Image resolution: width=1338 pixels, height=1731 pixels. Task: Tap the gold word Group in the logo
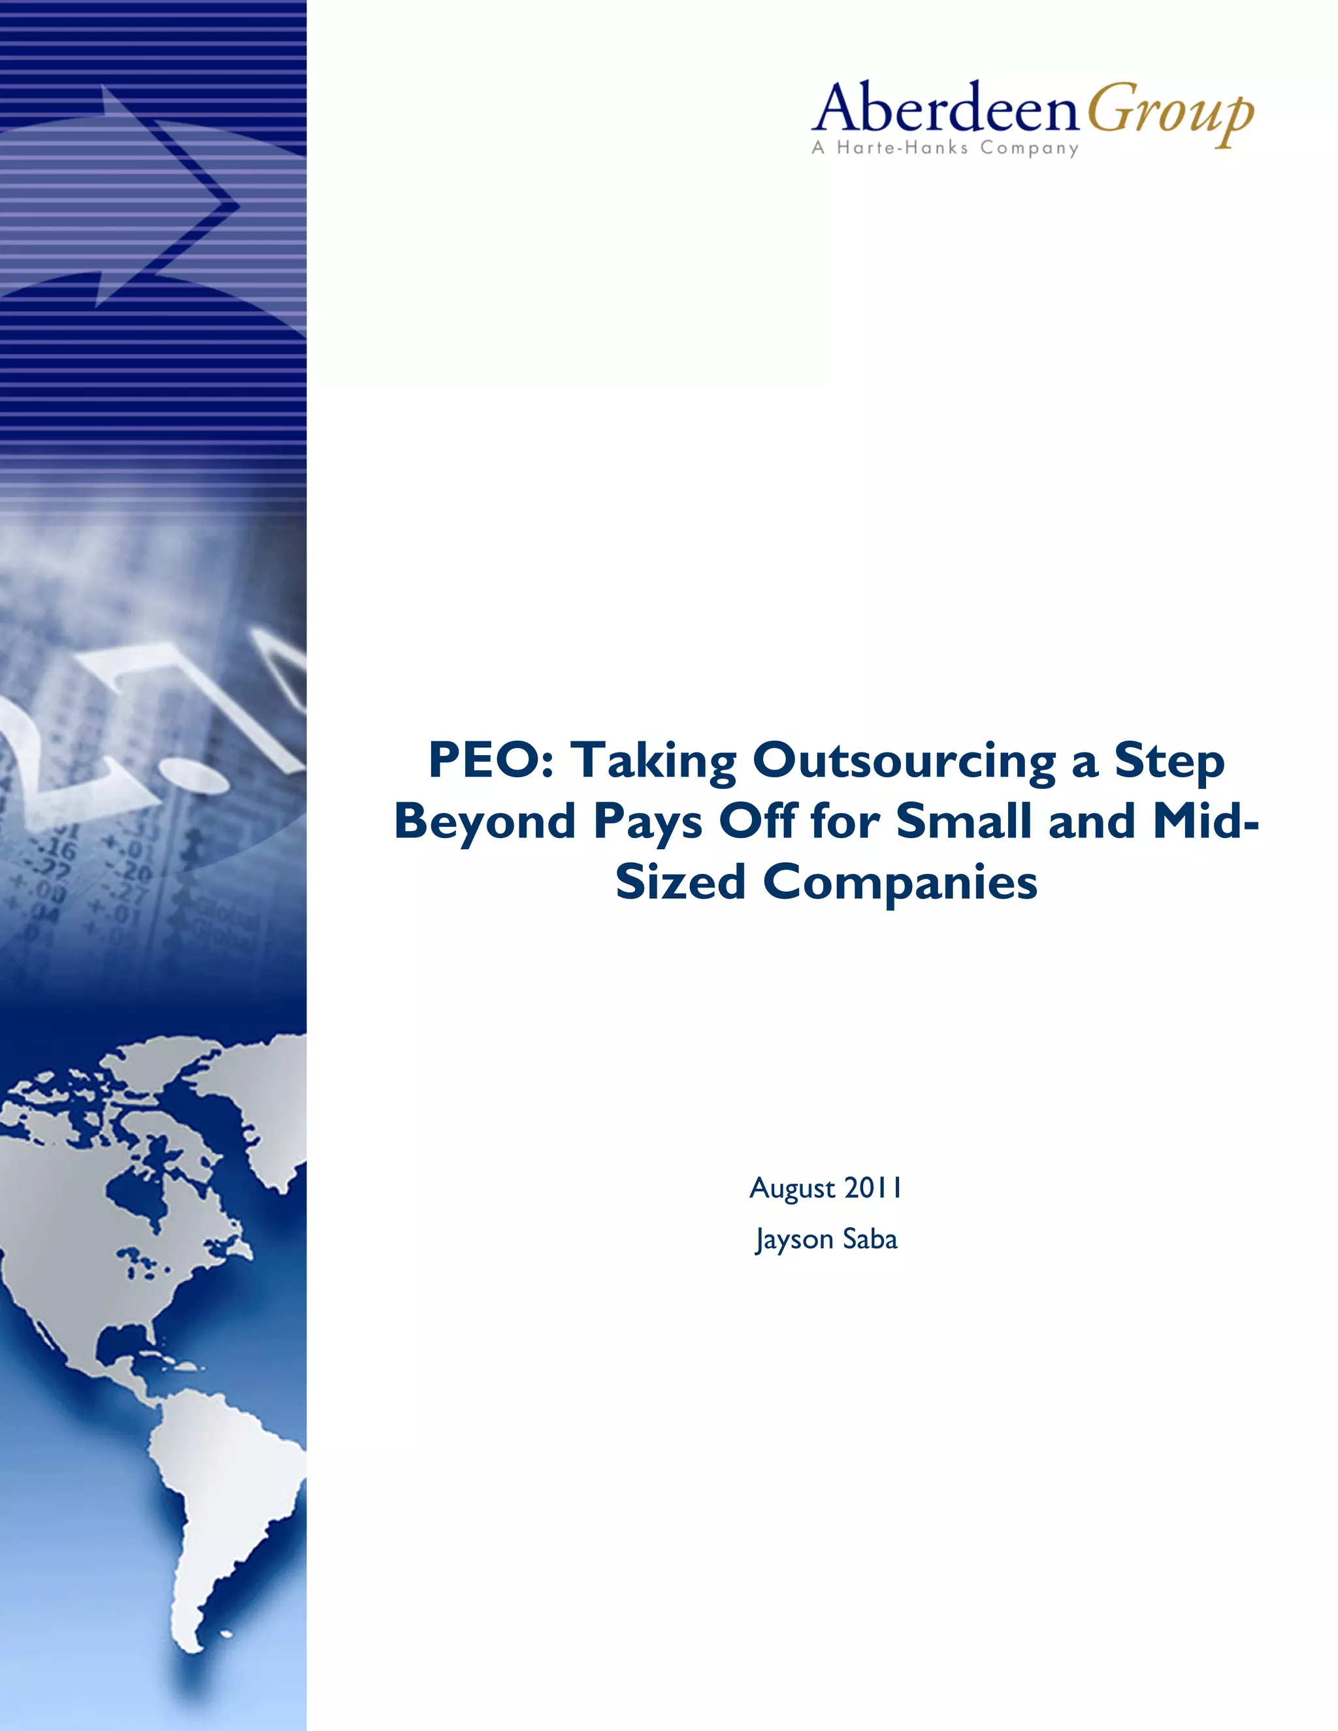[x=1170, y=114]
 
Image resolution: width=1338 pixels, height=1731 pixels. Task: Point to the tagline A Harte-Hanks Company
[x=945, y=148]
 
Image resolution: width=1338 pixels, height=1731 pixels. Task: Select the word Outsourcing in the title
[x=903, y=760]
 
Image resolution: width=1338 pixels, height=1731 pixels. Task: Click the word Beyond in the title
[x=484, y=821]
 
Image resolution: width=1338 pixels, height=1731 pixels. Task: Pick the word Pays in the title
[x=647, y=822]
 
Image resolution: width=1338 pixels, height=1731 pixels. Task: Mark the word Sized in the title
[x=680, y=882]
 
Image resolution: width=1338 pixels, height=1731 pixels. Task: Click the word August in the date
[x=792, y=1189]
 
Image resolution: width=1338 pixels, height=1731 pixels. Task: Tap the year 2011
[x=873, y=1188]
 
